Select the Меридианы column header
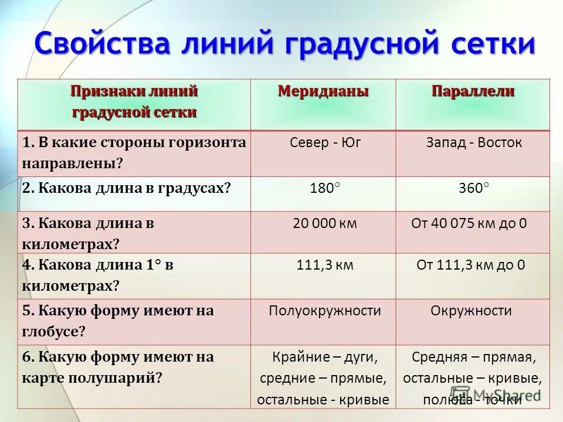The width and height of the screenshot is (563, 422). (323, 91)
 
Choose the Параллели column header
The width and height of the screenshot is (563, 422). (473, 91)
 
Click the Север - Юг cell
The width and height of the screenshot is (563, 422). (323, 142)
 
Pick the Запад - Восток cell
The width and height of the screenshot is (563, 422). (473, 142)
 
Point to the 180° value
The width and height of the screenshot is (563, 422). (324, 189)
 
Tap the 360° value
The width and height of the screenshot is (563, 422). (473, 189)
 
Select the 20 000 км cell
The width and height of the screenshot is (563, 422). (324, 223)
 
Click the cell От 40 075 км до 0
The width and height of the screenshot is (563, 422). (472, 223)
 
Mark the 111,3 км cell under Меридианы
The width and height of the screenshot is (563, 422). (324, 265)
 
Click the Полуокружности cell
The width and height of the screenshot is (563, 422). (324, 311)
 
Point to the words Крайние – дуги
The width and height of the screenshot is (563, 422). (324, 357)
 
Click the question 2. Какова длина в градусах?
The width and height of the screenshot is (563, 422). (126, 189)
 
